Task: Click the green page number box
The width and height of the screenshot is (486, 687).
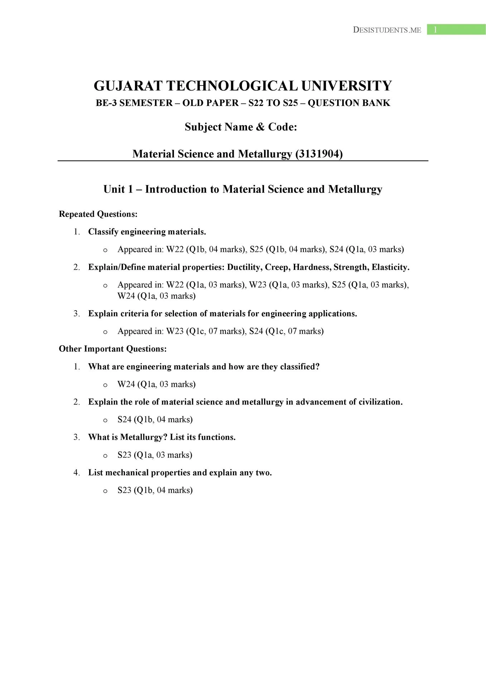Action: [x=456, y=30]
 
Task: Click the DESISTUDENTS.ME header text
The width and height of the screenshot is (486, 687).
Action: [x=387, y=30]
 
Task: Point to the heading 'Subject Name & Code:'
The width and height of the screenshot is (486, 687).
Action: [x=241, y=127]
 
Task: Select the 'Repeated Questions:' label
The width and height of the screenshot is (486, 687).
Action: [x=98, y=214]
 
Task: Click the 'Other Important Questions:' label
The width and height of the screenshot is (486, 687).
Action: [x=113, y=349]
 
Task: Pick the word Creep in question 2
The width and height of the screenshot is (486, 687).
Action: [x=277, y=267]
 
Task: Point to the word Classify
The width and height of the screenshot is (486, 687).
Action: [x=103, y=232]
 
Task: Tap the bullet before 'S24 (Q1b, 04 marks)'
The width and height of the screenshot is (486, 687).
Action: [x=105, y=420]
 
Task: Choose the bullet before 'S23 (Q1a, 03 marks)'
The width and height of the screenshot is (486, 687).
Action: [x=105, y=455]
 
